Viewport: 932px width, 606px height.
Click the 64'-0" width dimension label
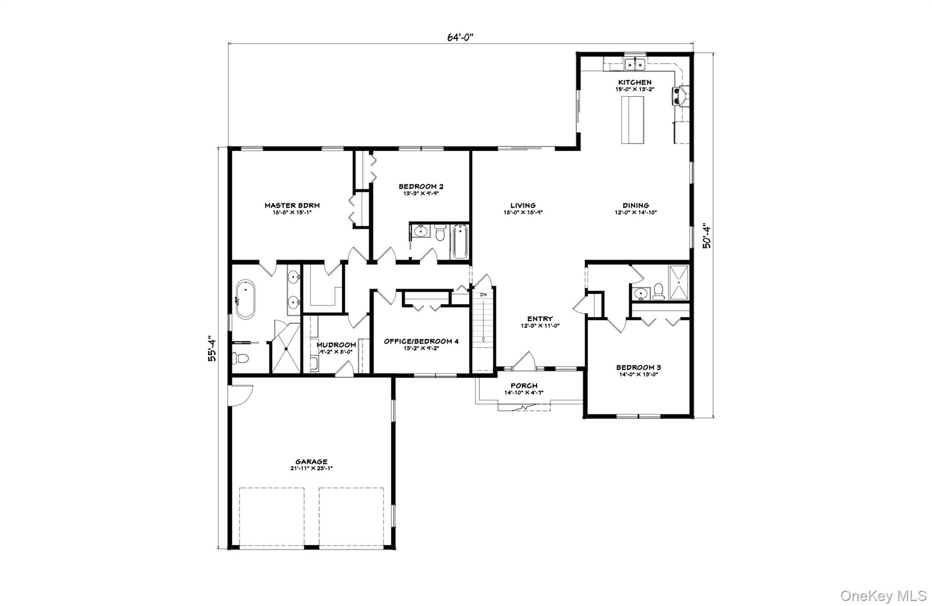tap(460, 37)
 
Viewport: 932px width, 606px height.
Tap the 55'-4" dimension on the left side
tap(212, 349)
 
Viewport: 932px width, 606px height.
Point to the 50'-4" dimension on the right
tap(706, 235)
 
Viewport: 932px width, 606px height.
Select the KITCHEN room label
tap(634, 82)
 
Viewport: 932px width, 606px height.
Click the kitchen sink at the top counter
tap(635, 64)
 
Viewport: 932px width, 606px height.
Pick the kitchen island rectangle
tap(633, 120)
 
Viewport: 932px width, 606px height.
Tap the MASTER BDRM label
tap(292, 206)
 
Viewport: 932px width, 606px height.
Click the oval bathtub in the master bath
tap(245, 299)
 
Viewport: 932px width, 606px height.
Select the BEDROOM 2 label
tap(421, 186)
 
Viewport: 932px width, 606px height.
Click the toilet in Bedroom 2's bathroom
tap(440, 233)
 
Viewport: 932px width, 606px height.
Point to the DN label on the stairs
tap(483, 295)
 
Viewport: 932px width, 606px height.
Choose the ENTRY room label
tap(540, 319)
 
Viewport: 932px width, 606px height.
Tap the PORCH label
tap(524, 386)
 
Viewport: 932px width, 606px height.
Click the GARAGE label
tap(311, 462)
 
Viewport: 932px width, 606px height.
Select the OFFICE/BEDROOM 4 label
tap(421, 341)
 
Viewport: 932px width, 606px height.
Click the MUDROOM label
tap(336, 345)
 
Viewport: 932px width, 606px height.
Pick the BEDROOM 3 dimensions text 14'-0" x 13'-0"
tap(638, 375)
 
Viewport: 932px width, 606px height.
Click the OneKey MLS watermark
tap(883, 595)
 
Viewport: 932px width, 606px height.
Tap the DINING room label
tap(636, 206)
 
